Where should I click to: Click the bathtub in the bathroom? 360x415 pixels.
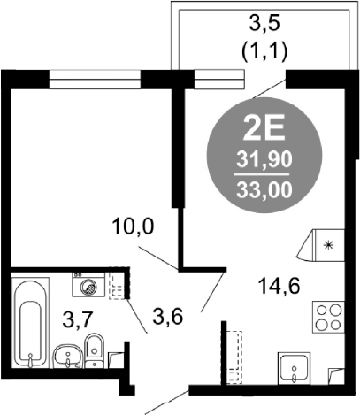30,323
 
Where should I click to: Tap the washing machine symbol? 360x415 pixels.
88,284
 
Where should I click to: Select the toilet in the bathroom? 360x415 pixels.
95,351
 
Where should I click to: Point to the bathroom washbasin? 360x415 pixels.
68,357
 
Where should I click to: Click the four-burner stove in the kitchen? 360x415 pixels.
328,317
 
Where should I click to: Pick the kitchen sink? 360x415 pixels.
295,369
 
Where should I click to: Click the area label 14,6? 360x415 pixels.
279,286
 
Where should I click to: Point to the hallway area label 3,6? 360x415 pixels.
167,317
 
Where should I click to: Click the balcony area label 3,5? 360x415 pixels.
264,25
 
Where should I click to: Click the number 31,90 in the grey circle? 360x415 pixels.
264,160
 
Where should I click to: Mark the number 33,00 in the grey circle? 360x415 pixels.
264,189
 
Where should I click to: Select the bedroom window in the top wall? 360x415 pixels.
95,79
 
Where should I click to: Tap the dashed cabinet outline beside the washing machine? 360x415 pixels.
118,283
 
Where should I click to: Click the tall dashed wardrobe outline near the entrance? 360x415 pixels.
234,357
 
